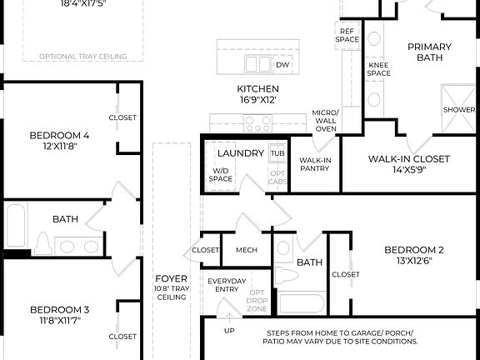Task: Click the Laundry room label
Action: pyautogui.click(x=241, y=153)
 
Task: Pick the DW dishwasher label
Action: pyautogui.click(x=282, y=64)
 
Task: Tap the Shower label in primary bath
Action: pyautogui.click(x=458, y=110)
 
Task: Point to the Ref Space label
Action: pyautogui.click(x=347, y=35)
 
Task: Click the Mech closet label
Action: pyautogui.click(x=246, y=250)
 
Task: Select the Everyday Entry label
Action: pyautogui.click(x=227, y=285)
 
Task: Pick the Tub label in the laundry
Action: pyautogui.click(x=277, y=153)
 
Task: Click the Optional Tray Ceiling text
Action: pyautogui.click(x=83, y=57)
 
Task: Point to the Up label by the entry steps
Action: pyautogui.click(x=230, y=330)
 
